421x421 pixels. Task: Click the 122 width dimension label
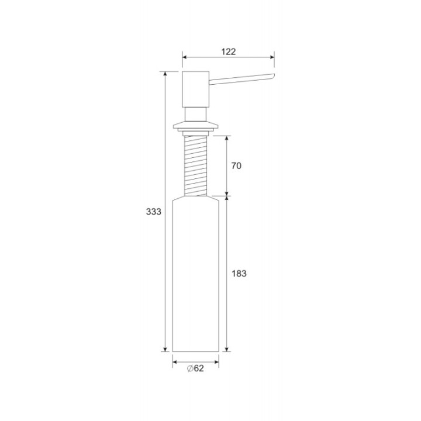[x=228, y=51]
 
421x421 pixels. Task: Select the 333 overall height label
[x=154, y=212]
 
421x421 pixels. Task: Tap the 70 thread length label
[x=236, y=166]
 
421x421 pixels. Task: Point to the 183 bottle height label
[x=239, y=274]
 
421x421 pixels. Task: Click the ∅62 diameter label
[x=195, y=368]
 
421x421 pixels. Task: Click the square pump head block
[x=195, y=89]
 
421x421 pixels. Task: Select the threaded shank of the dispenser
[x=195, y=165]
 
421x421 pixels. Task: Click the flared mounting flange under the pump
[x=195, y=126]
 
